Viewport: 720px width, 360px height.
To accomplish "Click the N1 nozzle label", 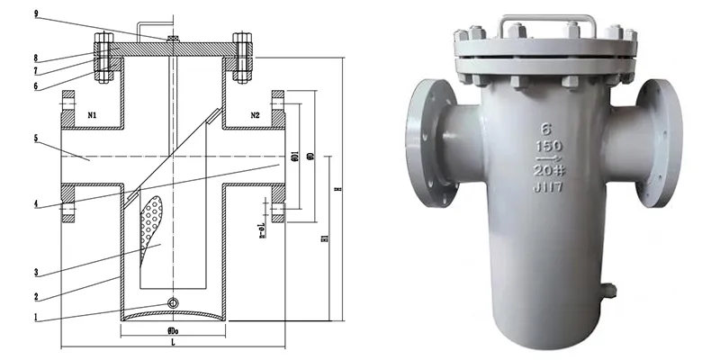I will click(92, 115).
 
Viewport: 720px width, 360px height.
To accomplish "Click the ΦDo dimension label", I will click(170, 330).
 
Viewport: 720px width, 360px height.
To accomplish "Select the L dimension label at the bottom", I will click(170, 345).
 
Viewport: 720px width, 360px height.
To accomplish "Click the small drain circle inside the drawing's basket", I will click(171, 301).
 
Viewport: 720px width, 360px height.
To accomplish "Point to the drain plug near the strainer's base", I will click(610, 291).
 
